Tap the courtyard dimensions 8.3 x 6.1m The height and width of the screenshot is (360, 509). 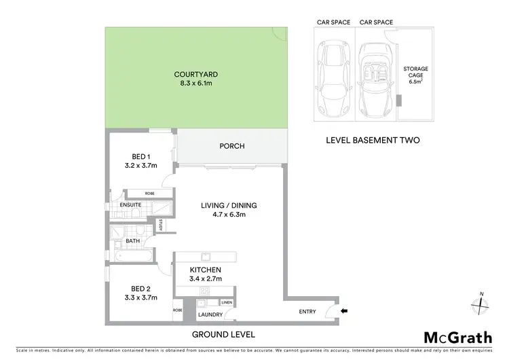[x=195, y=83]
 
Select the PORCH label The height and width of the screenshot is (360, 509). [x=231, y=146]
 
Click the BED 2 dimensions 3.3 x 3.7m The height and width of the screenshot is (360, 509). [x=140, y=297]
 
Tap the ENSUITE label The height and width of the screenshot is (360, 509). [x=130, y=204]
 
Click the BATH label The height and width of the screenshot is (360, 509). [x=132, y=240]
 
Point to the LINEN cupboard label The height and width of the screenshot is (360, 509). [x=226, y=302]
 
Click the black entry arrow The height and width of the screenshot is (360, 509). [x=343, y=312]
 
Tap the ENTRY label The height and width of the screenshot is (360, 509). [x=307, y=312]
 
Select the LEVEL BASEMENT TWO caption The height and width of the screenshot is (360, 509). [x=373, y=140]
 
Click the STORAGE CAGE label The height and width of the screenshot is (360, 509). [x=415, y=75]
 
